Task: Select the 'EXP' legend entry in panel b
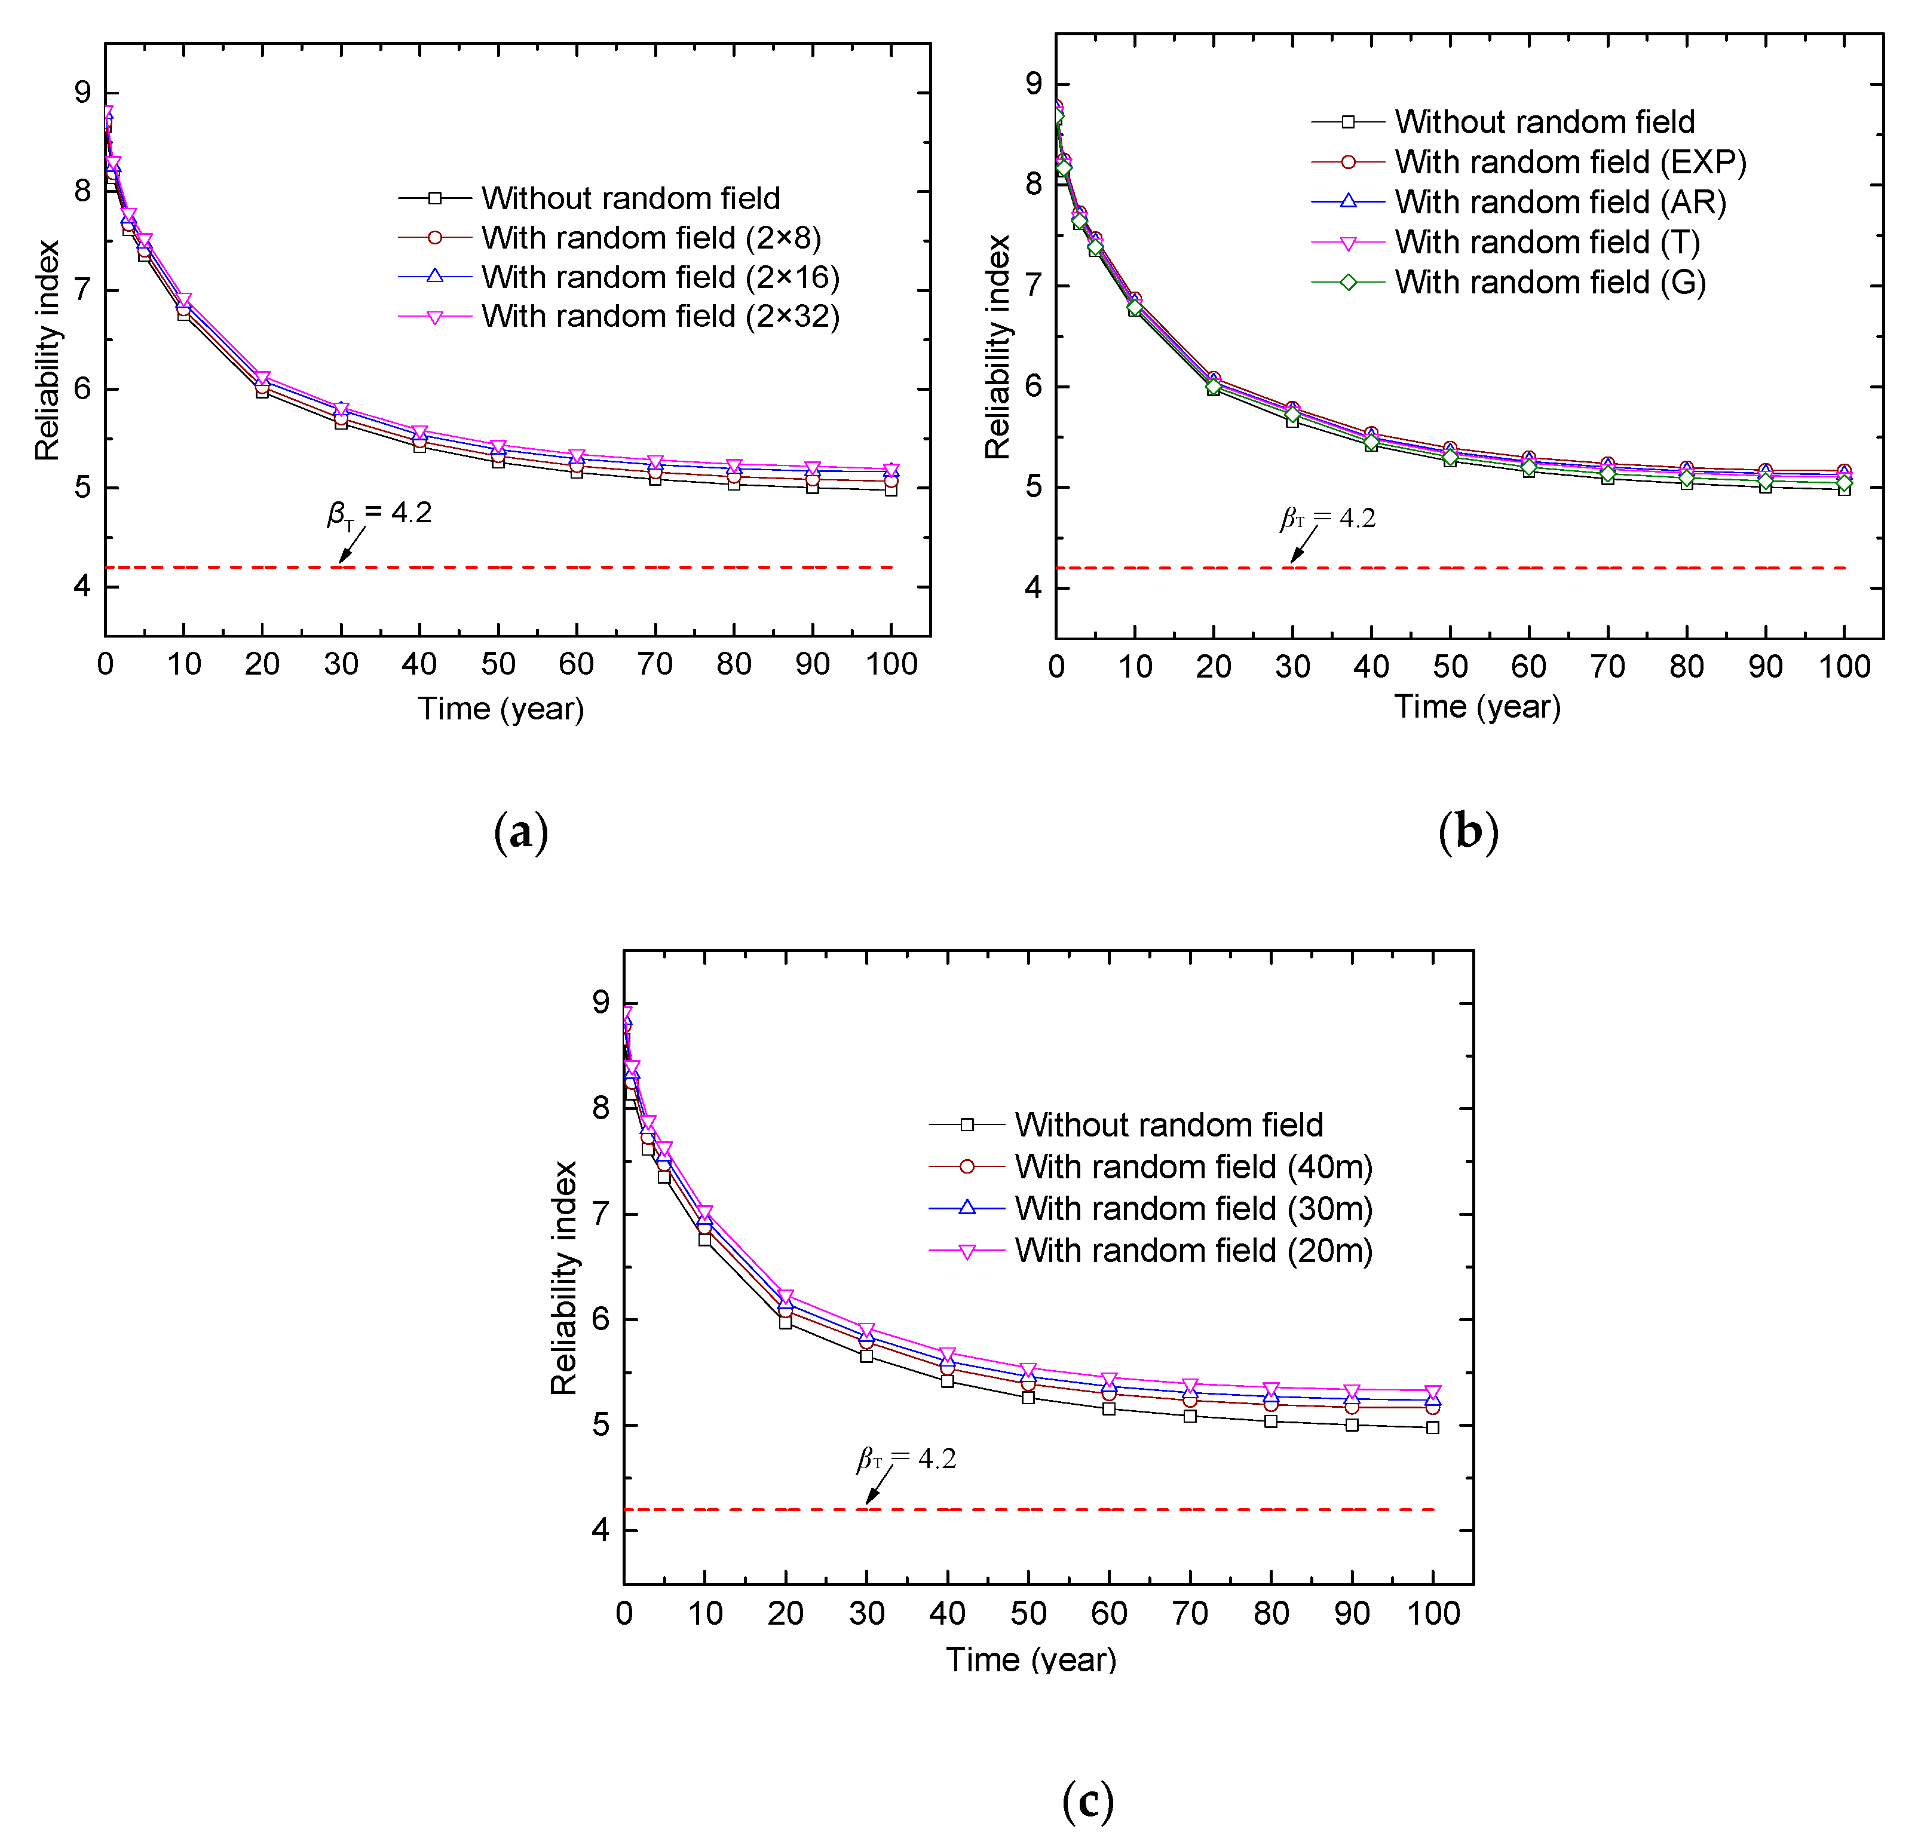tap(1569, 163)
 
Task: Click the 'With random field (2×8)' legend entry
tap(651, 238)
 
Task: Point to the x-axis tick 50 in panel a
tap(498, 665)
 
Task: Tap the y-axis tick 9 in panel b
tap(1033, 84)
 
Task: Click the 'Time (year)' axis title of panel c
tap(1030, 1660)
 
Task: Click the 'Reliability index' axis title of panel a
tap(47, 350)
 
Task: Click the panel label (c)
tap(1087, 1800)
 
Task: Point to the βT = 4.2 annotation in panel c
tap(906, 1459)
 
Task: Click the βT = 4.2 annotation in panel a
tap(379, 513)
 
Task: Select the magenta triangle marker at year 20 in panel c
tap(785, 1297)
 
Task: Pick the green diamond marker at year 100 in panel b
tap(1844, 483)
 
